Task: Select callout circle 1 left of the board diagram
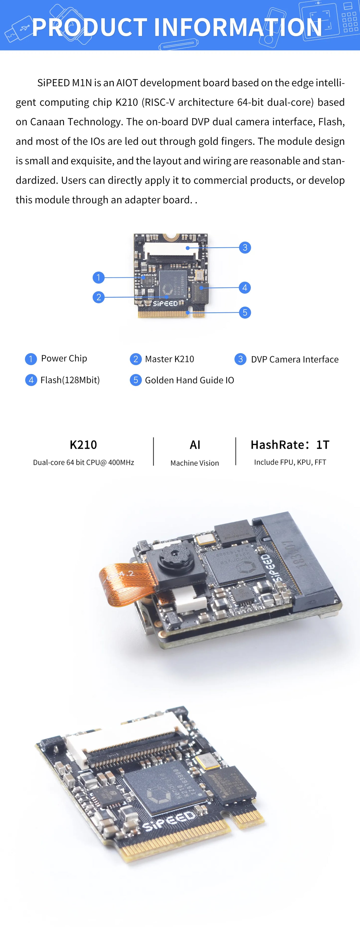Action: (98, 277)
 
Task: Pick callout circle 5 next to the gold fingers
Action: (245, 313)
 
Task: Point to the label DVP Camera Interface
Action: (294, 359)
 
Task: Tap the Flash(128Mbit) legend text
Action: (70, 380)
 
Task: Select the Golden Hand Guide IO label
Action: (189, 380)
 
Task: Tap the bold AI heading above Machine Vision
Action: (195, 445)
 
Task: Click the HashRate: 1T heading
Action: (290, 445)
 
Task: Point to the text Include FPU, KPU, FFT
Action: (290, 462)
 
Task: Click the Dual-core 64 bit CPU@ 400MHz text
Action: (83, 463)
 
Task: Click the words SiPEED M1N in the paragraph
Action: (65, 83)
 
